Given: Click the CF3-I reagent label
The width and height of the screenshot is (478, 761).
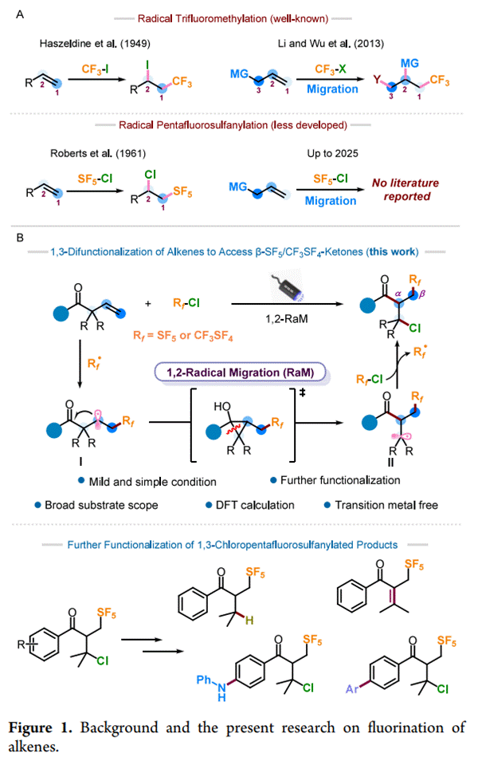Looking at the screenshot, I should coord(100,71).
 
